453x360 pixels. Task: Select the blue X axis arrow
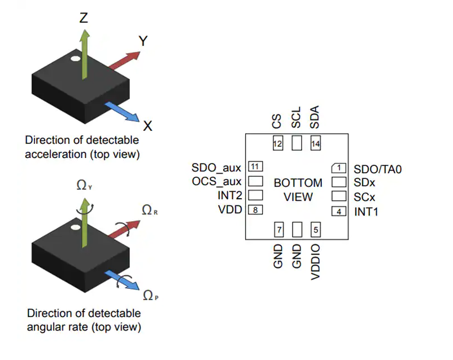(x=122, y=111)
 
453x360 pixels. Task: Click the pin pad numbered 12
(x=277, y=144)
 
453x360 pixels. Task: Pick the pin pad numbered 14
(x=315, y=144)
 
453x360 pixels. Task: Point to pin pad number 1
(x=338, y=168)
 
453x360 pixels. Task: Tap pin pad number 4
(x=338, y=212)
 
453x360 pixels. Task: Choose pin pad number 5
(x=315, y=229)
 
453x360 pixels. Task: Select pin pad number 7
(x=278, y=229)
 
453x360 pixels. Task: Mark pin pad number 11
(x=256, y=167)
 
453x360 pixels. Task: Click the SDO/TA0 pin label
(x=377, y=169)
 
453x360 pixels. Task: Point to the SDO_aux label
(x=216, y=168)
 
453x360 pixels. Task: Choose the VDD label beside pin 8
(x=230, y=210)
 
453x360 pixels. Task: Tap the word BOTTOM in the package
(x=298, y=183)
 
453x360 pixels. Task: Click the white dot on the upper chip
(x=75, y=58)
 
